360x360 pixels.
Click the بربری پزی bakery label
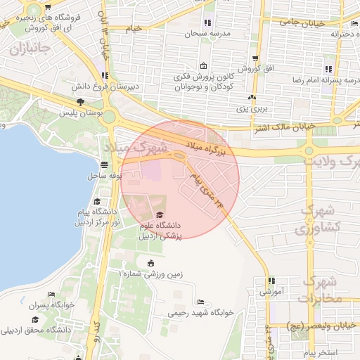252,109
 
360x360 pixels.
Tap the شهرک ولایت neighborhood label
331,160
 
